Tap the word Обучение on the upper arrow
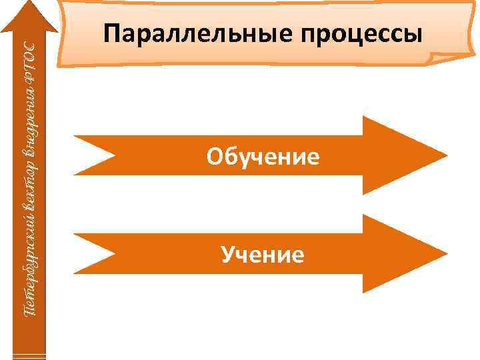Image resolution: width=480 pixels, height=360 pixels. click(x=263, y=157)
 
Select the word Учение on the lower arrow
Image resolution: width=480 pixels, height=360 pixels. click(x=263, y=254)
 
